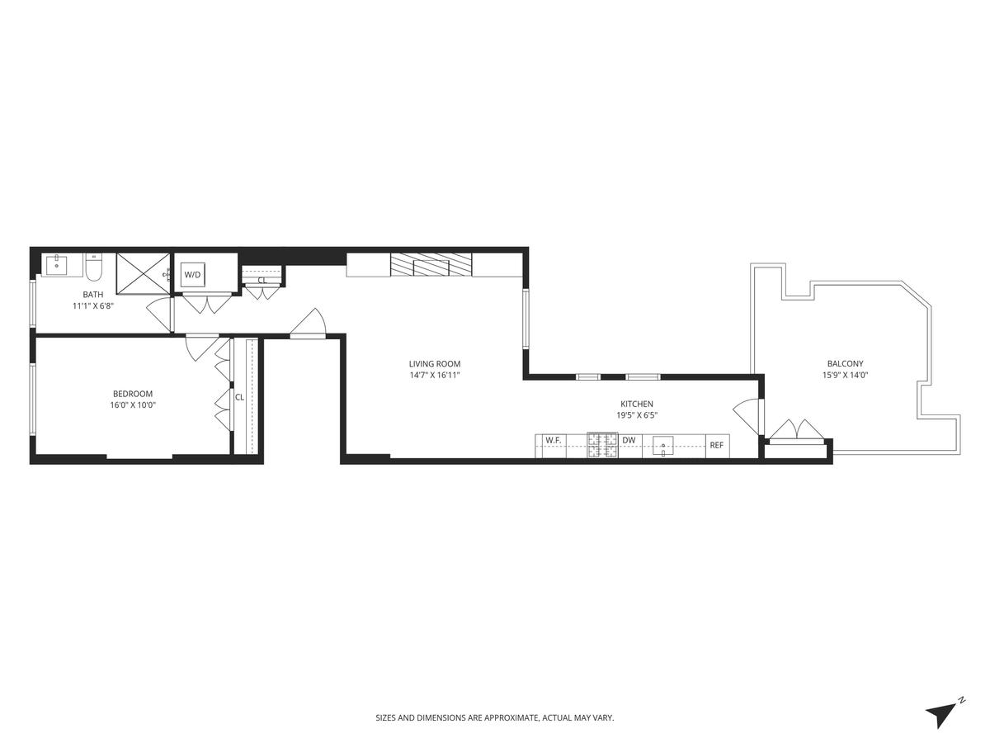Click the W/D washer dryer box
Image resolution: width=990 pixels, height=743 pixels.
(193, 274)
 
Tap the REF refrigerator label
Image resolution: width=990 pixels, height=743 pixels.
(716, 445)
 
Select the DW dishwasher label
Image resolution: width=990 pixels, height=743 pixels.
(629, 440)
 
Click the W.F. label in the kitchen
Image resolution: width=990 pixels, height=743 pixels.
(553, 440)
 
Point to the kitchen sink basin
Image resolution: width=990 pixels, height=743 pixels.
(663, 446)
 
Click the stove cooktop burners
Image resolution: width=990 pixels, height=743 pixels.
(602, 445)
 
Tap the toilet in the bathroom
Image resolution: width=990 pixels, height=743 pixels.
(94, 266)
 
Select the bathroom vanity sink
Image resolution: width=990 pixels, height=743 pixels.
(57, 263)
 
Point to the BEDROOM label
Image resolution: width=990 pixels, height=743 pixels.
(133, 394)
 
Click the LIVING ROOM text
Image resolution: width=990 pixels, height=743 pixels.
(434, 363)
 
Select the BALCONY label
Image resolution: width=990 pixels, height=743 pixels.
(845, 363)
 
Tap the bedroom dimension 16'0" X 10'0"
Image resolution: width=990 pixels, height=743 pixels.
(133, 405)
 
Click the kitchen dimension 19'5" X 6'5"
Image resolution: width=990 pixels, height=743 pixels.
(636, 415)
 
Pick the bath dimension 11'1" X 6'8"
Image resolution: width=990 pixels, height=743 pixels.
(93, 305)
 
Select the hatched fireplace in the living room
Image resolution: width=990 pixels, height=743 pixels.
(431, 265)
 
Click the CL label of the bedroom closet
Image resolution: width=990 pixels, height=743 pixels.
(239, 397)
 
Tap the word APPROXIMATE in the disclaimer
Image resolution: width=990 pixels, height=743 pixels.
(511, 717)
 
